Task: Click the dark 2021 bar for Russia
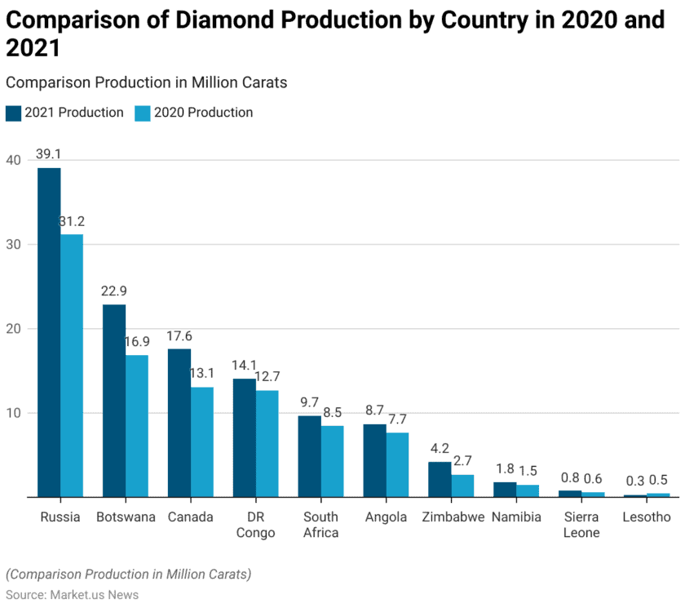coord(49,332)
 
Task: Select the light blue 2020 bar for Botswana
coord(136,426)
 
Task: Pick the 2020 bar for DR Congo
coord(267,444)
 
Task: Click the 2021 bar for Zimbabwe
coord(440,479)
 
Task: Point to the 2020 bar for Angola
coord(397,464)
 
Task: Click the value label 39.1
coord(49,154)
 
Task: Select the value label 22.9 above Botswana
coord(114,291)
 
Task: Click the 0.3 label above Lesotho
coord(635,481)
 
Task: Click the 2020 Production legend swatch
coord(142,113)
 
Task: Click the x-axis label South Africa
coord(320,525)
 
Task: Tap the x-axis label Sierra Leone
coord(581,525)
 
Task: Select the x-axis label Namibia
coord(516,517)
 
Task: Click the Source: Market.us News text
coord(72,594)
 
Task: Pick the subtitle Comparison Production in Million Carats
coord(146,82)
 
